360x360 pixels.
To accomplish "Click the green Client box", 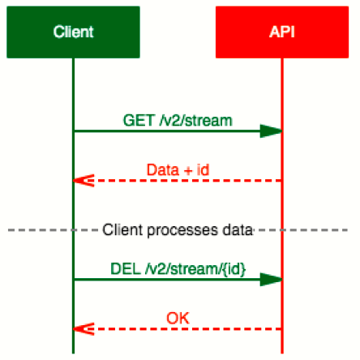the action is (x=73, y=32).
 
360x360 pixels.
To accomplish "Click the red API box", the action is (x=282, y=32).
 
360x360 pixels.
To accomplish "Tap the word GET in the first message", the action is (x=139, y=121).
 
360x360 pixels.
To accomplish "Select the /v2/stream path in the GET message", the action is (x=196, y=121).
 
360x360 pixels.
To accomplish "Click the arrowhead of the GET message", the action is (x=271, y=131).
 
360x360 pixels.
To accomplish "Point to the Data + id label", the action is (x=178, y=170).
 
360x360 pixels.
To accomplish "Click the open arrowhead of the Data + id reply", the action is (x=84, y=181).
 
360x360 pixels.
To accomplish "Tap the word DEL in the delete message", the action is (x=126, y=269).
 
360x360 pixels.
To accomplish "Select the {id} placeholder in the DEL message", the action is (x=234, y=269).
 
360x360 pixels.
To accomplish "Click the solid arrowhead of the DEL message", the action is (x=271, y=280).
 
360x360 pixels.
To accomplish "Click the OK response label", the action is (x=178, y=318).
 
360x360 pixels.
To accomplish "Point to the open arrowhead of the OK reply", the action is (x=84, y=329).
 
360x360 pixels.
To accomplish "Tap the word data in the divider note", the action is (x=238, y=230).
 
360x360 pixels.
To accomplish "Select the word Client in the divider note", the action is (x=122, y=230).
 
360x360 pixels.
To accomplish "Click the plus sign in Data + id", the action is (x=188, y=171).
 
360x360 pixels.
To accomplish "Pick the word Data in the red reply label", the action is (x=163, y=170).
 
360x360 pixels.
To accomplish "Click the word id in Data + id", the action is (x=203, y=170).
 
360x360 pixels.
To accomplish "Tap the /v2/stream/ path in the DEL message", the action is (x=184, y=269).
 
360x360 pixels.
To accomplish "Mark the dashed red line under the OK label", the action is (x=178, y=329).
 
